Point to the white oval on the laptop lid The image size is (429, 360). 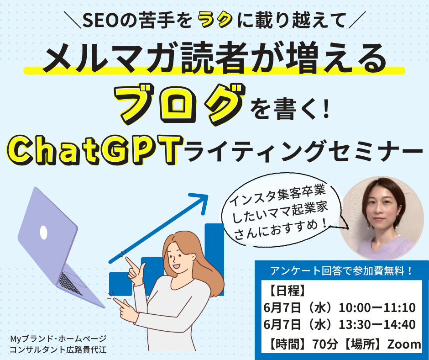[44, 233]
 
